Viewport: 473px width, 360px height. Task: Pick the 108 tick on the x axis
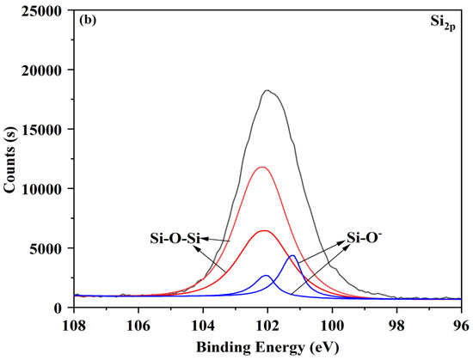(75, 325)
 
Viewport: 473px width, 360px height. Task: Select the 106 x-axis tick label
(139, 325)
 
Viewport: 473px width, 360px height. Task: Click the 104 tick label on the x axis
(204, 325)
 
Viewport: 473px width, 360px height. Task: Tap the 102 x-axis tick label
(268, 325)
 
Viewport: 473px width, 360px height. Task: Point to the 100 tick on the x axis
(332, 325)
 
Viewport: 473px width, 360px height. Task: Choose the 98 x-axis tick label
(396, 325)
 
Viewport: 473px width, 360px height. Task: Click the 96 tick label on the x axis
(461, 325)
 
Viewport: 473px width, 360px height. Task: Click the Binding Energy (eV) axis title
(268, 347)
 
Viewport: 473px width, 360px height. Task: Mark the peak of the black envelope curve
(267, 90)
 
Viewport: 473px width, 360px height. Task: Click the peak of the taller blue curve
(292, 255)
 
